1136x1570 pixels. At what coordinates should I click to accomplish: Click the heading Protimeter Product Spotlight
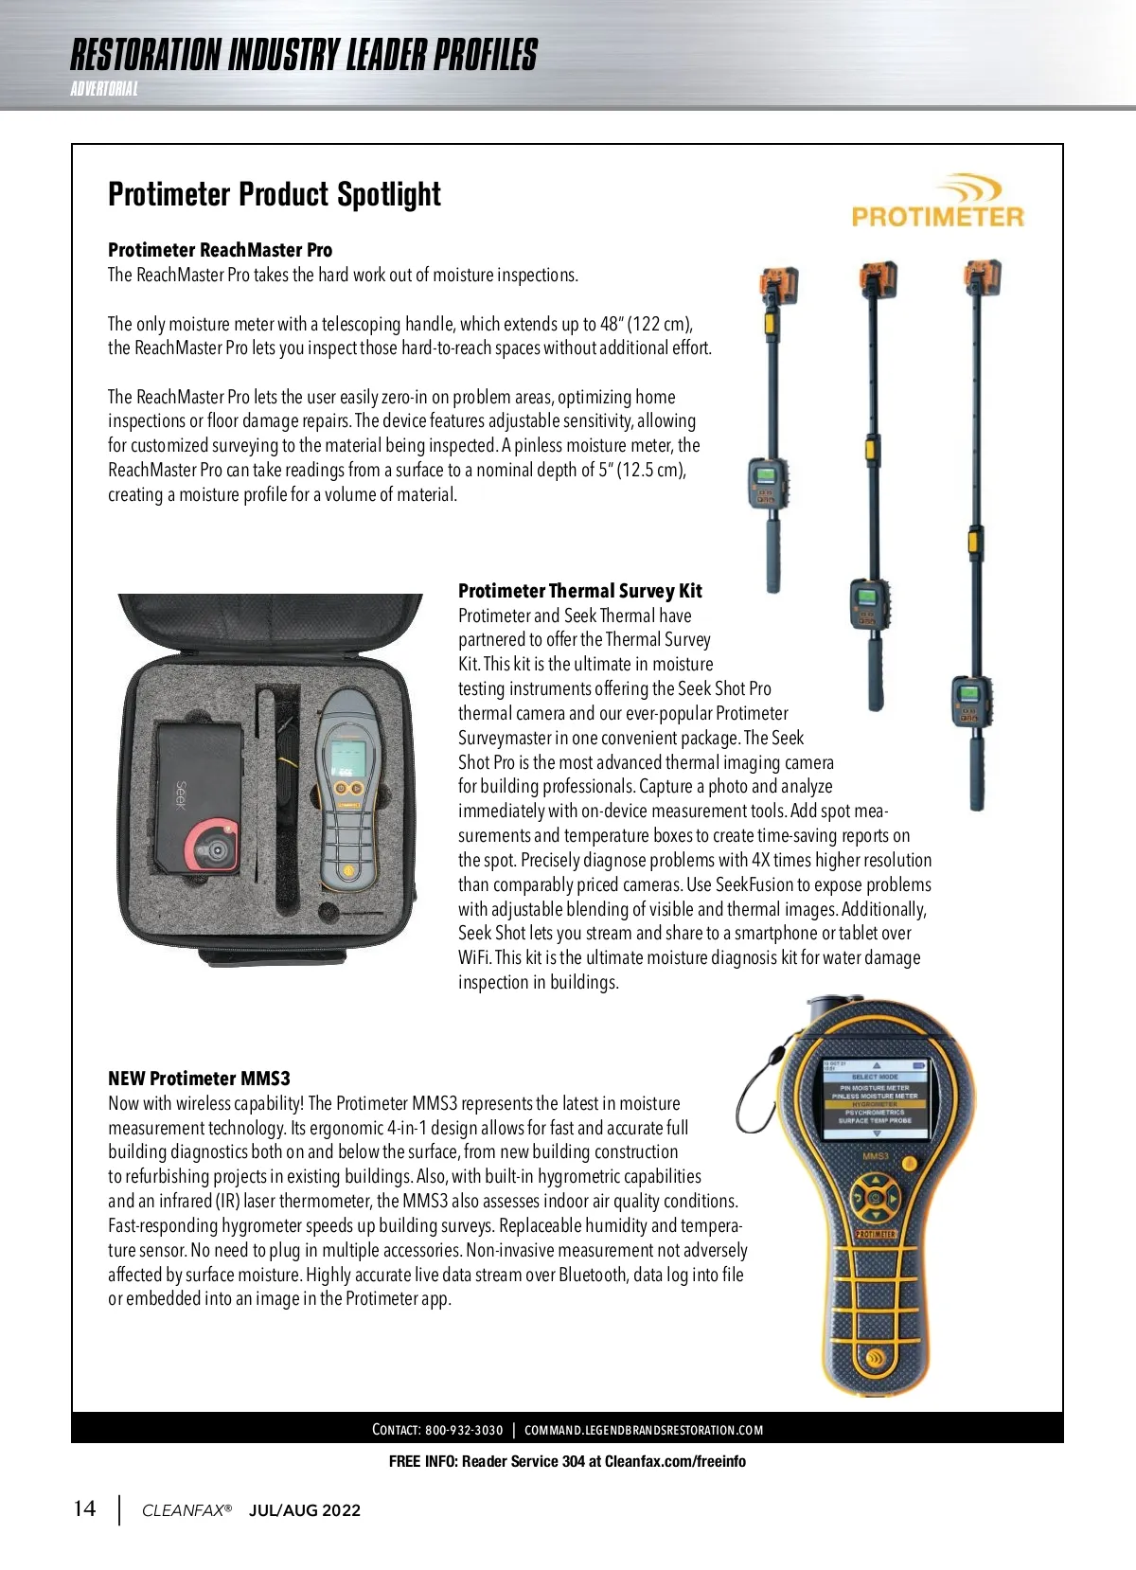pos(275,195)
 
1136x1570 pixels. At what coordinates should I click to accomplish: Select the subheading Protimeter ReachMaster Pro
pos(220,250)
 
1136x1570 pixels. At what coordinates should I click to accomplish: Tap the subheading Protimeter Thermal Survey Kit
pos(579,591)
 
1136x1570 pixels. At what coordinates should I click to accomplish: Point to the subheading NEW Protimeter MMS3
pos(199,1079)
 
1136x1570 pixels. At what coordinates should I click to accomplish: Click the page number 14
pos(84,1508)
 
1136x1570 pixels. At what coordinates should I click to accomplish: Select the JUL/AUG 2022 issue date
pos(305,1510)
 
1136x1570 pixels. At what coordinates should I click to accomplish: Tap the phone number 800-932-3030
pos(464,1430)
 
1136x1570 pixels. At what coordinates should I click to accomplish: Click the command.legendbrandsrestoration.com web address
pos(644,1430)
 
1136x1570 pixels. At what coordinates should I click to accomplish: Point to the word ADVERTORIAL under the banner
pos(104,89)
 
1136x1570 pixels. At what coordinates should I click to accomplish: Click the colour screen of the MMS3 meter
pos(875,1099)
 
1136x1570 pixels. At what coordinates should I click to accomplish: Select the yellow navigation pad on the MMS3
pos(875,1198)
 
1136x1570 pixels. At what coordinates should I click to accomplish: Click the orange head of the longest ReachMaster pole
pos(982,277)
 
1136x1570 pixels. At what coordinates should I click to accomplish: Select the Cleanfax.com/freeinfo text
pos(675,1461)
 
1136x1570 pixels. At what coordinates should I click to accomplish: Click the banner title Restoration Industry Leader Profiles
pos(303,56)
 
